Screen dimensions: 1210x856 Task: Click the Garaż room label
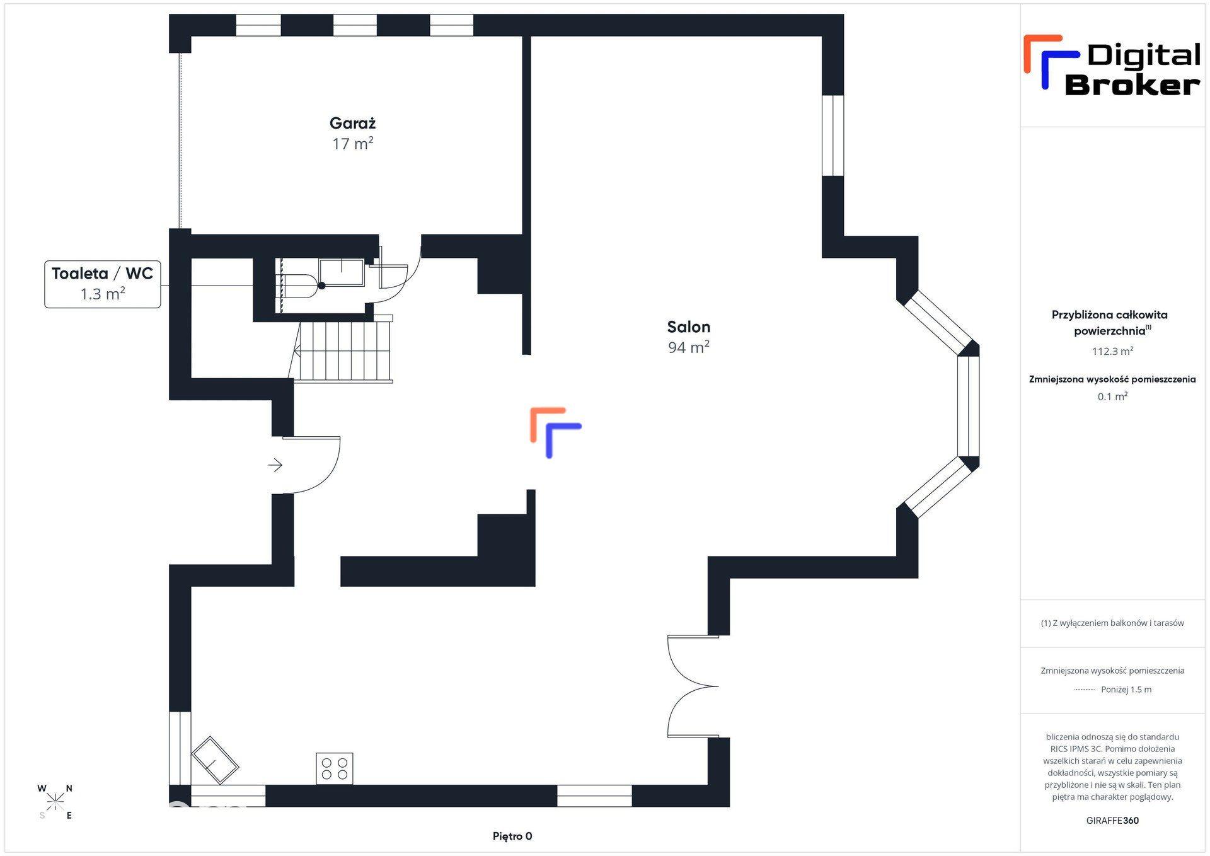click(x=352, y=124)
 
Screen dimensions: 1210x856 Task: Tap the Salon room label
click(x=689, y=327)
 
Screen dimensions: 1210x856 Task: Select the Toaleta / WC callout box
click(x=103, y=284)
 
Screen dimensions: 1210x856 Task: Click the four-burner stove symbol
click(x=335, y=768)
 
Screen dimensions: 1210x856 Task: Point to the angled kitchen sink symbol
click(x=215, y=760)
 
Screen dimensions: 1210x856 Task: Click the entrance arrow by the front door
click(x=275, y=466)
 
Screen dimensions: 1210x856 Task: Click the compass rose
click(x=55, y=801)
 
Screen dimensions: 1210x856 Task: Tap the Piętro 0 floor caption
click(x=512, y=836)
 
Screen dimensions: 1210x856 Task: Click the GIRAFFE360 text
click(x=1112, y=821)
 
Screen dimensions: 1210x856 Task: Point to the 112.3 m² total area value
click(x=1112, y=351)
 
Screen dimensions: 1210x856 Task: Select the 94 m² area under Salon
click(x=689, y=347)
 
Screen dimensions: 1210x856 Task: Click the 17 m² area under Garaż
click(x=352, y=144)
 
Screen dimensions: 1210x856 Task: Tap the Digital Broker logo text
click(x=1132, y=69)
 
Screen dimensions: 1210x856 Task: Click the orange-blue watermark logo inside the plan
click(x=555, y=432)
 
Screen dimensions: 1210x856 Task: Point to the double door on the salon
click(x=693, y=686)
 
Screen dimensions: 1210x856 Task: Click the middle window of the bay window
click(x=968, y=406)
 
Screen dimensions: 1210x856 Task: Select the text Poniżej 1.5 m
click(x=1126, y=690)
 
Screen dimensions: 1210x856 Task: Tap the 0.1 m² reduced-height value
click(x=1112, y=396)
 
